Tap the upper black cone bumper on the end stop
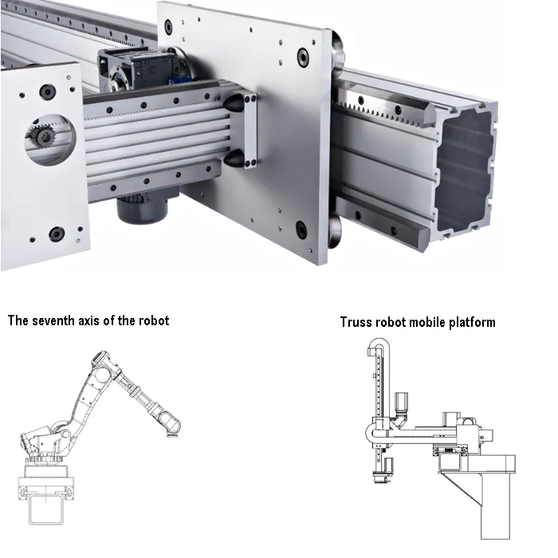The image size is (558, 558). tap(234, 103)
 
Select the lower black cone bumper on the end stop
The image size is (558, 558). tap(234, 158)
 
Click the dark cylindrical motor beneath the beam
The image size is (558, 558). tap(142, 209)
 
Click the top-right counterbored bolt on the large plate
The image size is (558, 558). tap(303, 57)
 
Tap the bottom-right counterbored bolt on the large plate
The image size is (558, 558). tap(301, 230)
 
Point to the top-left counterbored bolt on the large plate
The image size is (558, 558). tap(168, 26)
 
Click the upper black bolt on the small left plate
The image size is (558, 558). tap(47, 92)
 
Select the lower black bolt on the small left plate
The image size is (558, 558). tap(57, 234)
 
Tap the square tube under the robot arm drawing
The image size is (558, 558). tap(46, 509)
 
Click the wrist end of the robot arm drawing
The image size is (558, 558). tap(170, 423)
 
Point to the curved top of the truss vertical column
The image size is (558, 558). tap(379, 344)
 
